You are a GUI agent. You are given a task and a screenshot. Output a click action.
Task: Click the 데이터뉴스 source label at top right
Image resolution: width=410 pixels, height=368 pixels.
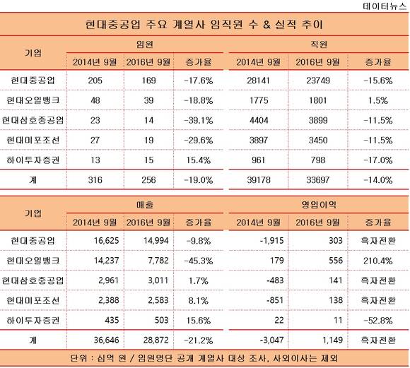[385, 6]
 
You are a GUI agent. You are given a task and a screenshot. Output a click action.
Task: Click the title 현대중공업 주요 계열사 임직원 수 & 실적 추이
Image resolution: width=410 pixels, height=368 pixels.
[204, 24]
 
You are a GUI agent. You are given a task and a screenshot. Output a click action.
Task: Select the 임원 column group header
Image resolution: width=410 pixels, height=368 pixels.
[145, 44]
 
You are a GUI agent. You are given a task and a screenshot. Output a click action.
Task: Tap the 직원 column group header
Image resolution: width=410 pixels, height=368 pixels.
[319, 44]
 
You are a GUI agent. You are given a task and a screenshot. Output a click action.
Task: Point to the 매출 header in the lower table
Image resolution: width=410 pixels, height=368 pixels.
[145, 205]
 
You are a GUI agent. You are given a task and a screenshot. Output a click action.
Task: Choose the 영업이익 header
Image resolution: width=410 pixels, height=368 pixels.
[319, 205]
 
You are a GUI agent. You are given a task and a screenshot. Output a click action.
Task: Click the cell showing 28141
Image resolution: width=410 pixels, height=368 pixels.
[258, 81]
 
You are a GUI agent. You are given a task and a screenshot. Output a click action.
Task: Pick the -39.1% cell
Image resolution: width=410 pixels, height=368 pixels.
[199, 121]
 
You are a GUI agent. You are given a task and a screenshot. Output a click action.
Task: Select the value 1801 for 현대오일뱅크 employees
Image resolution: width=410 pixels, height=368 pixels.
[318, 100]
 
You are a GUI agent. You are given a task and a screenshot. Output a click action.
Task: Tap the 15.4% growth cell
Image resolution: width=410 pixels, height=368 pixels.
[199, 160]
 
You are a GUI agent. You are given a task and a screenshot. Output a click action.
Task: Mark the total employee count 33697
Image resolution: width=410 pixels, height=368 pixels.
[318, 180]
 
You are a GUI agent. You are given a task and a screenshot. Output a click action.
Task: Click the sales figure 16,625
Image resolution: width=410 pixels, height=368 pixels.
[107, 241]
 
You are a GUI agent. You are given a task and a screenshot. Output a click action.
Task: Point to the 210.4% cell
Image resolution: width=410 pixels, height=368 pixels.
[378, 261]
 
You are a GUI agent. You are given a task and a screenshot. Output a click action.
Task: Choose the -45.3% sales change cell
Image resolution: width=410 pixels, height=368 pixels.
[199, 261]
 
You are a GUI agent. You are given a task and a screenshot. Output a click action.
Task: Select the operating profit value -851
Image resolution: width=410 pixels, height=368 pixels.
[275, 300]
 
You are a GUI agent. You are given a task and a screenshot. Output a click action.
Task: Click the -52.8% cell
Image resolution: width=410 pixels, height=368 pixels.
[378, 321]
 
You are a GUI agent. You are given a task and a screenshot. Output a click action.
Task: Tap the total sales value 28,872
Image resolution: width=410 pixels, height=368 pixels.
[156, 340]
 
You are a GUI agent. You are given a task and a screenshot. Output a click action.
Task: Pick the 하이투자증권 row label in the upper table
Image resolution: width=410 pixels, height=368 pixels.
[33, 160]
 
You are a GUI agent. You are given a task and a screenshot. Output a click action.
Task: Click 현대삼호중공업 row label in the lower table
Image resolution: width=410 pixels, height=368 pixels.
[33, 280]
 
